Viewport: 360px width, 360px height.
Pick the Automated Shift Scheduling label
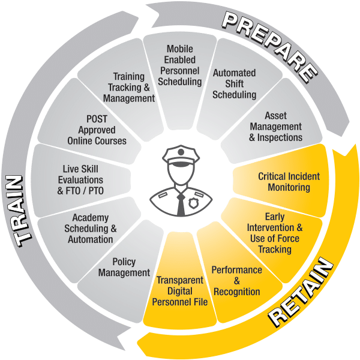tap(235, 83)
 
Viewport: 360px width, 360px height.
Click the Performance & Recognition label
tap(236, 281)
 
